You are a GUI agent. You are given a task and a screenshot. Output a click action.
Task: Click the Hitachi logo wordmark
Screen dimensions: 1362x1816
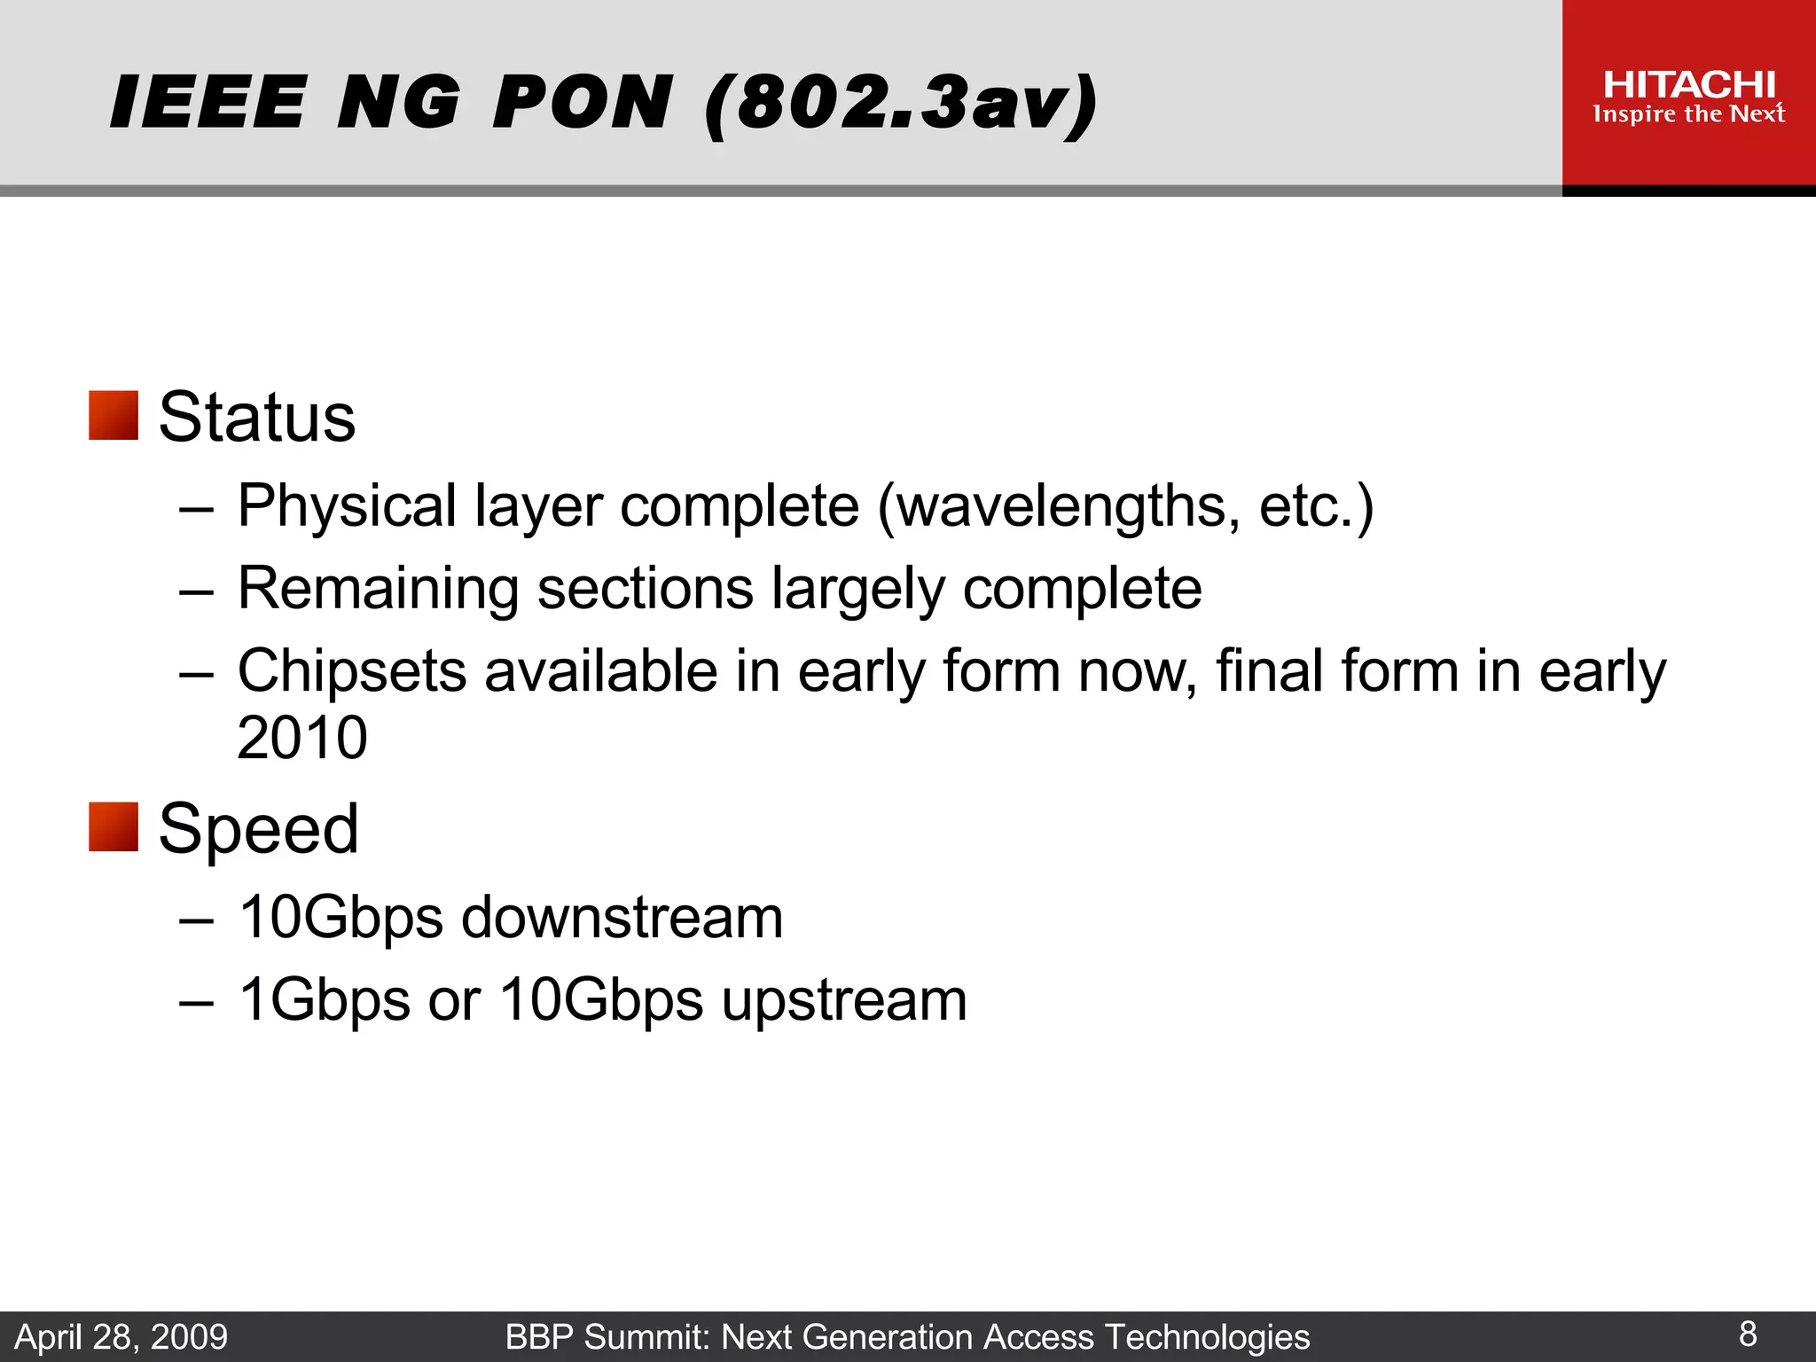1689,85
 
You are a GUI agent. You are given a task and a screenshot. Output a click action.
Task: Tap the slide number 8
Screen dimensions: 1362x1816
1748,1334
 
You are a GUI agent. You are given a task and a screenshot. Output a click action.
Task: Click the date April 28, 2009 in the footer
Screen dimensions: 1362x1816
121,1337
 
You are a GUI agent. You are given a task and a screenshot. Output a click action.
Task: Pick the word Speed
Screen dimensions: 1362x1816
258,828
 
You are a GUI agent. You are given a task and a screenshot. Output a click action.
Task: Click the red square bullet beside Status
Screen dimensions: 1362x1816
113,416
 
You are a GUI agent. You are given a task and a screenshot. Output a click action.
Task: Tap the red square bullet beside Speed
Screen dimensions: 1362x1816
113,827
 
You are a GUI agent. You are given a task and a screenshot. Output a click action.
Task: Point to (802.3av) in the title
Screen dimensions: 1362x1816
900,104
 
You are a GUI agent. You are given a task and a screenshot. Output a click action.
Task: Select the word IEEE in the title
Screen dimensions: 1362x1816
208,102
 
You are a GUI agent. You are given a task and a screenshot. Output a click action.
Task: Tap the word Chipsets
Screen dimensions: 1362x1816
351,671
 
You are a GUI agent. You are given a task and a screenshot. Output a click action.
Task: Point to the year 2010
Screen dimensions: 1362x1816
302,738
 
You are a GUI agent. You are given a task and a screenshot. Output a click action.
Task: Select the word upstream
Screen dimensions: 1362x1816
843,1000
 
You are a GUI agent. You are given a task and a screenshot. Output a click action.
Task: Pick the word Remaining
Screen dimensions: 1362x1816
378,589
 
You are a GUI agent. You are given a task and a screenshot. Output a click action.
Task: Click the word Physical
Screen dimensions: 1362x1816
347,506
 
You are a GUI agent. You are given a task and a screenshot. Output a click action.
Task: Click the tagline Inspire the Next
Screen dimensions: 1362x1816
1688,114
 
